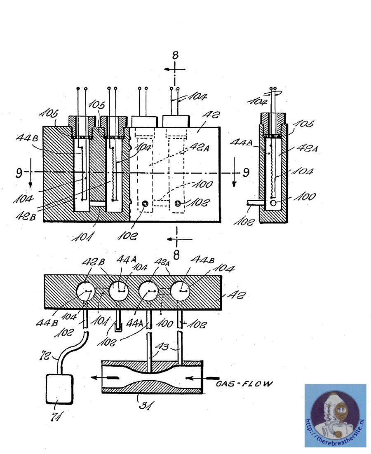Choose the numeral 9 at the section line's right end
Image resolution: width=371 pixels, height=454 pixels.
click(246, 172)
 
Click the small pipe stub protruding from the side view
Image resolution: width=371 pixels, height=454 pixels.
click(252, 203)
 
